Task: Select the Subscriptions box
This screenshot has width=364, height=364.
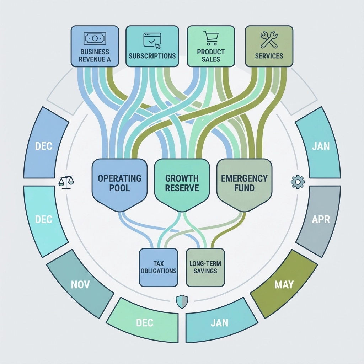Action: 152,46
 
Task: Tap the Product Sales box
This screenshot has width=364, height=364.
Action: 210,46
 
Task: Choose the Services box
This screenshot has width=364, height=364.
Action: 269,46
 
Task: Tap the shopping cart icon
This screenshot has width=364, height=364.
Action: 210,38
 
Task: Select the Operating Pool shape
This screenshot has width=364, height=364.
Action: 119,183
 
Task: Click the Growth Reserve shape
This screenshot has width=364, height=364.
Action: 182,183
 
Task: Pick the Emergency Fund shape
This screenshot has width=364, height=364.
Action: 244,183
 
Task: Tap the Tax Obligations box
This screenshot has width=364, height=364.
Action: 159,267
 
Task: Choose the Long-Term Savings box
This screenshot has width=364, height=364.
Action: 206,267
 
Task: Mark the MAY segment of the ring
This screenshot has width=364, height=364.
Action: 284,284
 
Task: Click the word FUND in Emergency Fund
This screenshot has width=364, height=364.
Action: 244,188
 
